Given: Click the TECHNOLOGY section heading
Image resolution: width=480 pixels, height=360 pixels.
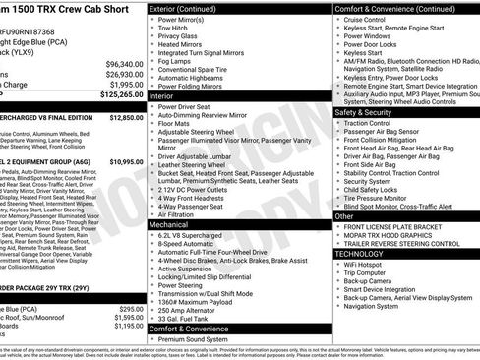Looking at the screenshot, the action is coord(360,253).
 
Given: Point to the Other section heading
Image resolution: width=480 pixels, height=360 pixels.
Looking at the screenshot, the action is coord(344,215).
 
